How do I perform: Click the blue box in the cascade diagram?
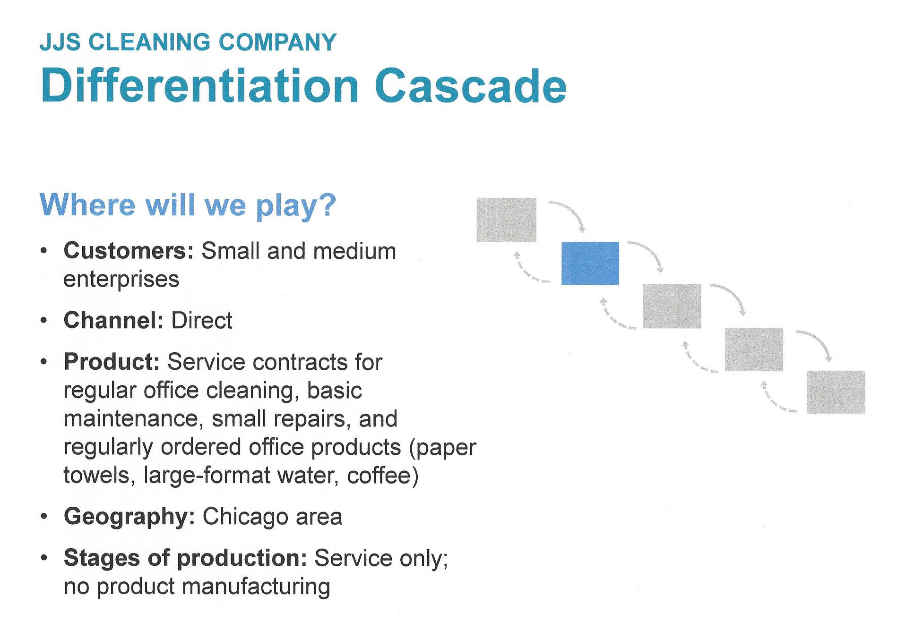(590, 263)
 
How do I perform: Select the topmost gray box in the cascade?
(506, 220)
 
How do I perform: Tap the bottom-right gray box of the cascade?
(836, 392)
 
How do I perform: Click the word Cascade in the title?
(470, 86)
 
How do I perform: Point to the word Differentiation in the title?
(200, 86)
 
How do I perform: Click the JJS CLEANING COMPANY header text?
(188, 42)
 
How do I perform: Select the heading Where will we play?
(188, 205)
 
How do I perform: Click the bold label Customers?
(129, 251)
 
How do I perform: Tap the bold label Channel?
(113, 321)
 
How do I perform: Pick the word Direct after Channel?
(202, 321)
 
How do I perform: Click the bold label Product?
(112, 362)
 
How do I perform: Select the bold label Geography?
(129, 516)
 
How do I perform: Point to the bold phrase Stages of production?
(185, 558)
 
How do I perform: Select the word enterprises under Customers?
(121, 279)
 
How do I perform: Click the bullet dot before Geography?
(44, 517)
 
